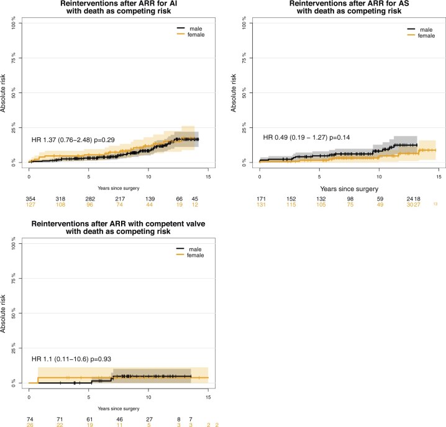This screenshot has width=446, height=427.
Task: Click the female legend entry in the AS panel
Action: pyautogui.click(x=426, y=35)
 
